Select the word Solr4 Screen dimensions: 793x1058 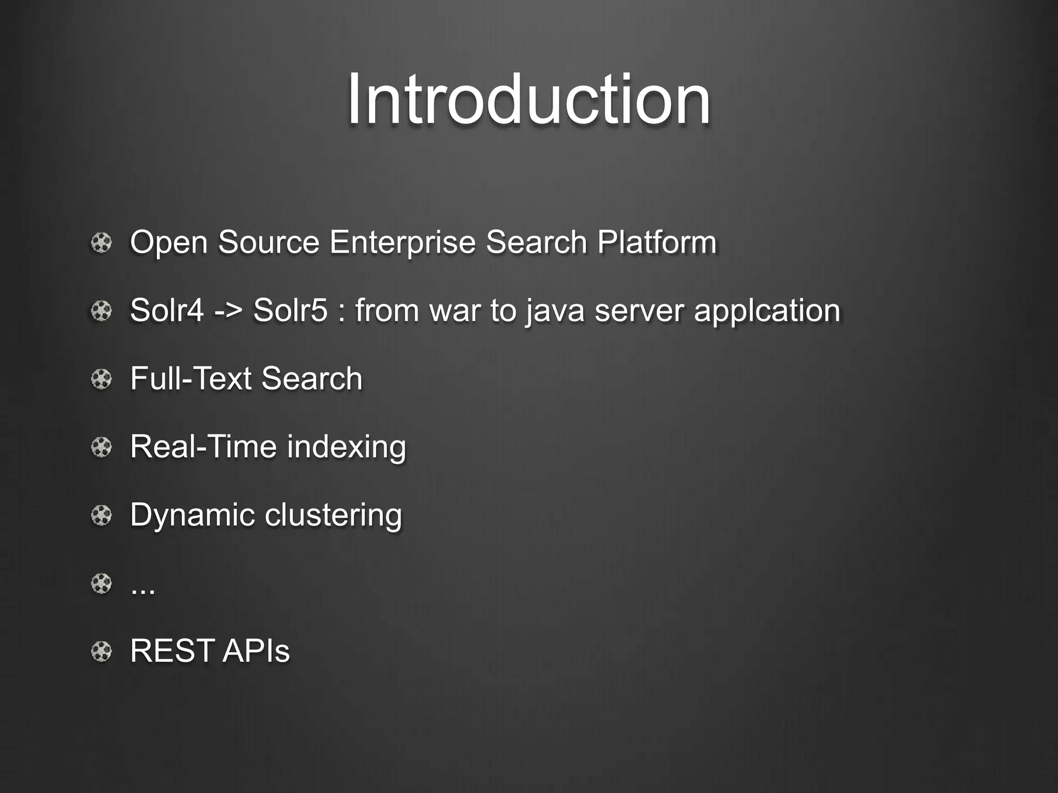[x=166, y=310]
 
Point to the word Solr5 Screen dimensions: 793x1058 [x=290, y=310]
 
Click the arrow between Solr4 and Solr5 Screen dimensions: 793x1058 [x=228, y=311]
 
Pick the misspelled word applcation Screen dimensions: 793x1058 [x=767, y=311]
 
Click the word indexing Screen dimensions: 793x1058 [x=346, y=447]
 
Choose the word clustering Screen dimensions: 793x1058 [x=333, y=515]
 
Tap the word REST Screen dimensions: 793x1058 [x=172, y=651]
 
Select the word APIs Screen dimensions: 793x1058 [x=256, y=651]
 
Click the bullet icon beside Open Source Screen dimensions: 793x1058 [x=101, y=243]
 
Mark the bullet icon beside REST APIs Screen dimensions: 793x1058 [x=101, y=652]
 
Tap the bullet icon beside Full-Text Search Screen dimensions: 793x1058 [x=101, y=379]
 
